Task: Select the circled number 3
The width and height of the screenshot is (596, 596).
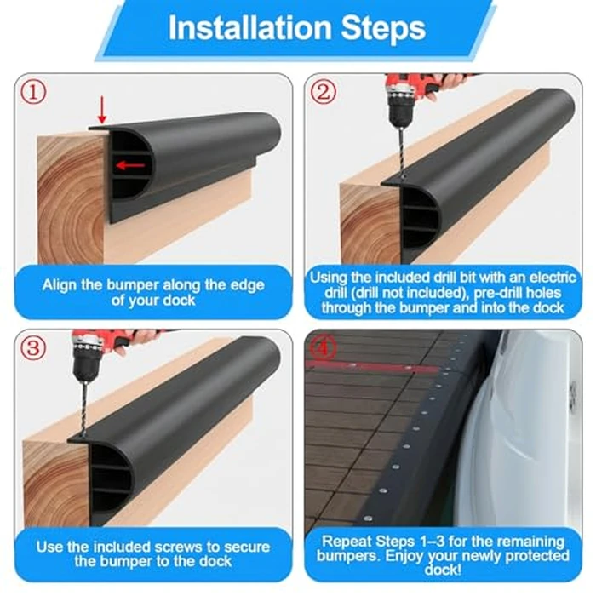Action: pos(32,347)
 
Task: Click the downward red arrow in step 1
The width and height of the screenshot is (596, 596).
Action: pos(103,110)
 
